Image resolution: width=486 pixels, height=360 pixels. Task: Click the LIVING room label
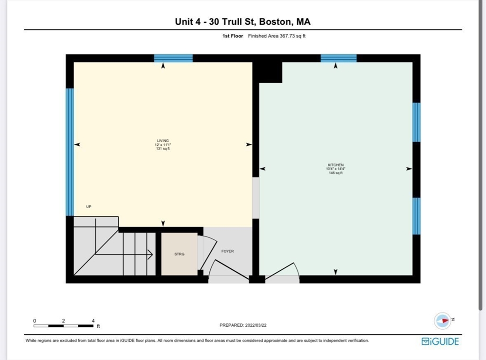coord(163,141)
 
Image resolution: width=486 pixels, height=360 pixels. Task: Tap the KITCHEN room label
coord(336,165)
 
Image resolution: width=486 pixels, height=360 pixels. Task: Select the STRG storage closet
coord(179,254)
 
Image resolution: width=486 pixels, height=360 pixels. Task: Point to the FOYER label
coord(227,251)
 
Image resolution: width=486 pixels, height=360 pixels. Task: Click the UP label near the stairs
coord(89,207)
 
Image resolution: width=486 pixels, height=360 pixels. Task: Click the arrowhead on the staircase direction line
coord(150,255)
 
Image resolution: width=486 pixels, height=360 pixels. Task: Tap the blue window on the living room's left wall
coord(70,152)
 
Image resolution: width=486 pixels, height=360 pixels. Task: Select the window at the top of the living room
coord(173,58)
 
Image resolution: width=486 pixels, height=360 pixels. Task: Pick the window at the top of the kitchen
coord(338,58)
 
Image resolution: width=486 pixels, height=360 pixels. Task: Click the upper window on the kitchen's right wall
coord(416,122)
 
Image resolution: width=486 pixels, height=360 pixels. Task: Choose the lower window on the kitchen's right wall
coord(416,216)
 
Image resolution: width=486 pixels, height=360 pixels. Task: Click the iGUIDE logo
coord(440,341)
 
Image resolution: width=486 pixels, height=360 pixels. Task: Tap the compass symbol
coord(443,321)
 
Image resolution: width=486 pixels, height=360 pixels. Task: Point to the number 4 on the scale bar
coord(93,321)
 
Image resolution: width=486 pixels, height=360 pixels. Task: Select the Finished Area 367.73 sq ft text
coord(277,36)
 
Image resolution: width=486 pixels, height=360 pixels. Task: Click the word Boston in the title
coord(275,22)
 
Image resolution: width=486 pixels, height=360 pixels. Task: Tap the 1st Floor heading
coord(233,36)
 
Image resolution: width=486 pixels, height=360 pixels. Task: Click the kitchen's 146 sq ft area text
coord(336,173)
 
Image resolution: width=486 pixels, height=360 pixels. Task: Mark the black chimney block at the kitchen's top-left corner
coord(267,73)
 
